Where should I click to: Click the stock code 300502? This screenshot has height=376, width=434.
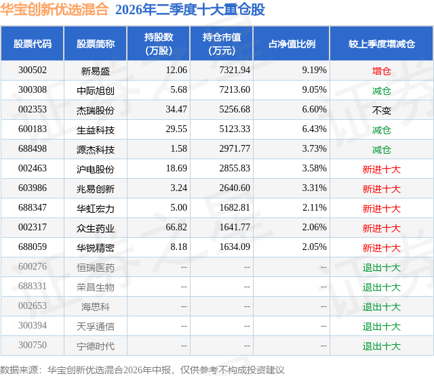(33, 70)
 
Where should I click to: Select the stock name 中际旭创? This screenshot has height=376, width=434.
(96, 91)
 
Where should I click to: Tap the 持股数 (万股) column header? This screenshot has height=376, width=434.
(159, 43)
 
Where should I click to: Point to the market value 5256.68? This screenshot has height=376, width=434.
(235, 109)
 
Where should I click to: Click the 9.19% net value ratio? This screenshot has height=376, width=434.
(314, 70)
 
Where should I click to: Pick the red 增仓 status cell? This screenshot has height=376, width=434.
(381, 71)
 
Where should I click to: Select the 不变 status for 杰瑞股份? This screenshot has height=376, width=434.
(381, 110)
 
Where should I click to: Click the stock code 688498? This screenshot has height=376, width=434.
(33, 148)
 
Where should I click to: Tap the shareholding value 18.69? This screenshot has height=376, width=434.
(176, 168)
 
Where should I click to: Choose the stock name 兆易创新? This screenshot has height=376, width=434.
(96, 189)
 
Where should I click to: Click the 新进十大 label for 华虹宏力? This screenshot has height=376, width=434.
(381, 209)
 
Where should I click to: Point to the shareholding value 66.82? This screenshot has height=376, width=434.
(176, 227)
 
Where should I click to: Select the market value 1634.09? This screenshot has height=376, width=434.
(235, 247)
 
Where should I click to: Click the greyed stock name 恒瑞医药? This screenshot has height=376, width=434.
(96, 268)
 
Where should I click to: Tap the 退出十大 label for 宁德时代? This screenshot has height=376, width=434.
(381, 346)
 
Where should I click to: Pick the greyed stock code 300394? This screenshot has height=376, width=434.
(33, 325)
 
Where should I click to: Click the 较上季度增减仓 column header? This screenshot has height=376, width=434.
(381, 43)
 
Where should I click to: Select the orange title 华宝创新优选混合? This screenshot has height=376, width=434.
(54, 9)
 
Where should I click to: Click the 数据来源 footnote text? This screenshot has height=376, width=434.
(18, 370)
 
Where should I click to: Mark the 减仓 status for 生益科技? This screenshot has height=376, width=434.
(381, 130)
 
